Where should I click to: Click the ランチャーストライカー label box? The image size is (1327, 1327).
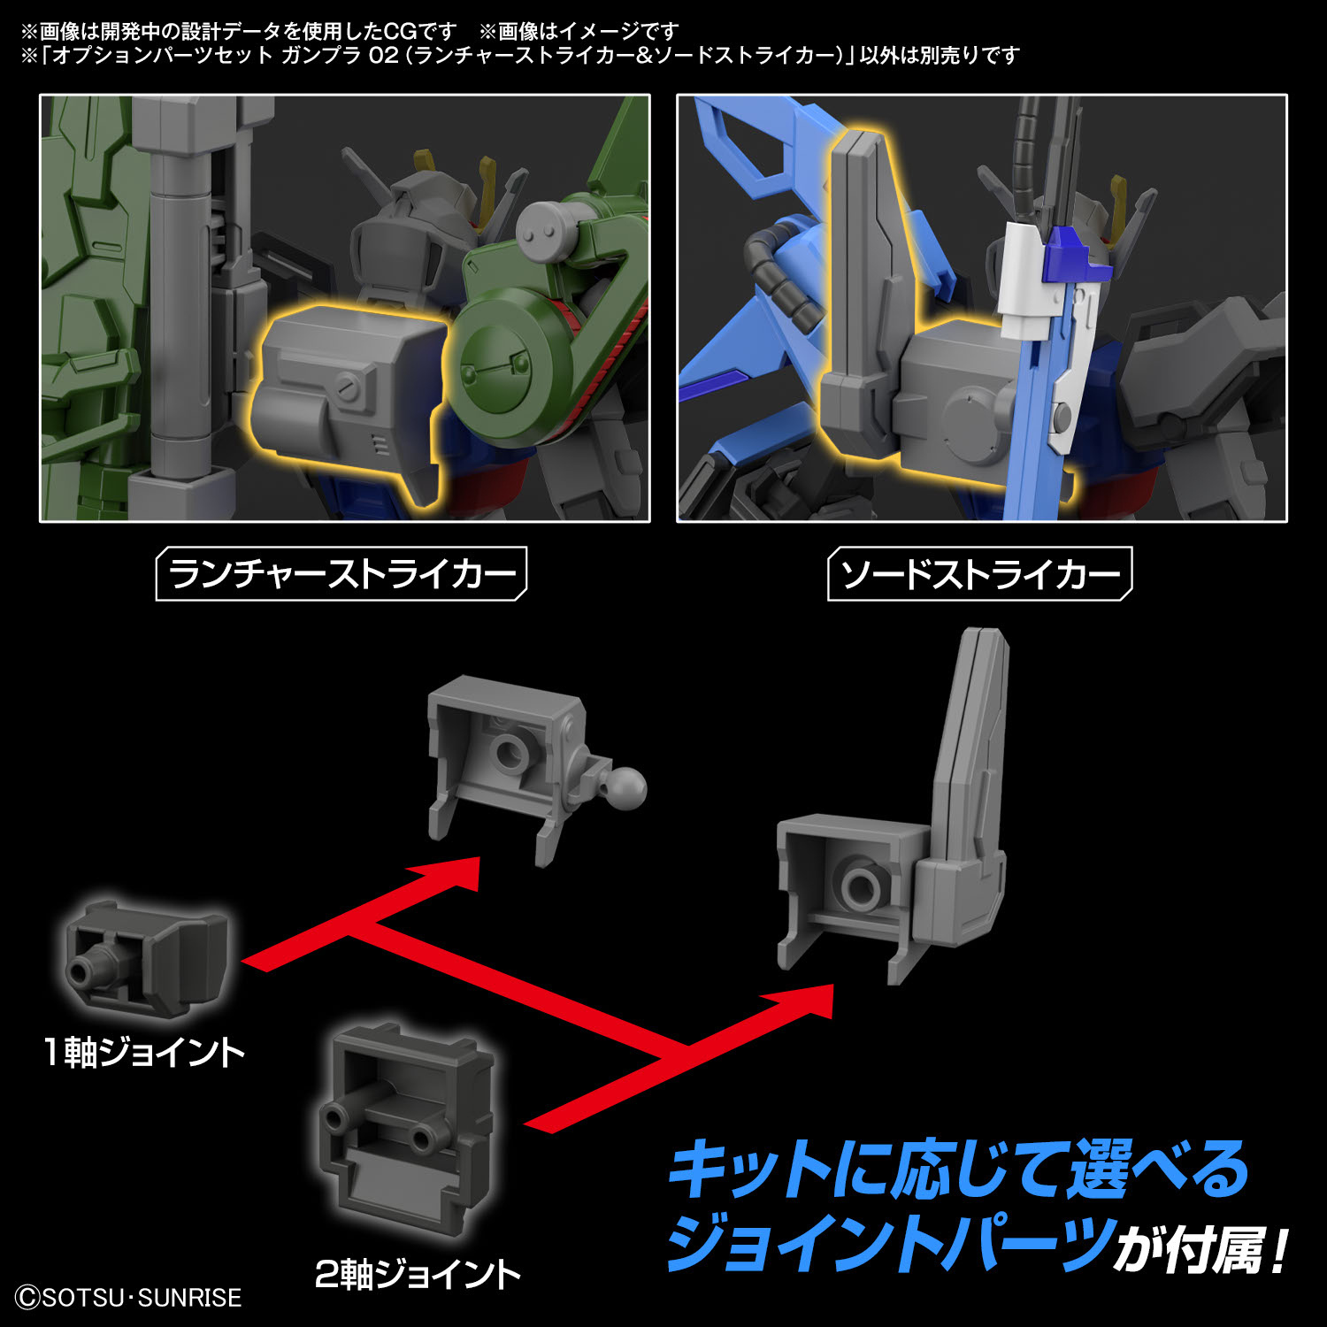341,574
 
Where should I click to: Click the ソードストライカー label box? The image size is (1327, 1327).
979,574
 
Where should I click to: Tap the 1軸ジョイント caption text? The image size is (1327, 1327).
144,1053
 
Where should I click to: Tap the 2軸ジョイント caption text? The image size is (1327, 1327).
418,1275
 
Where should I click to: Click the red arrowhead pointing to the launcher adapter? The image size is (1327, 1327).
451,876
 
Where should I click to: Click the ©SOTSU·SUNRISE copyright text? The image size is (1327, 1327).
128,1298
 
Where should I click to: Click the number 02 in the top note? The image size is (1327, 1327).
383,56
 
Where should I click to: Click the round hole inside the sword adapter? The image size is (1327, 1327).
858,885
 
